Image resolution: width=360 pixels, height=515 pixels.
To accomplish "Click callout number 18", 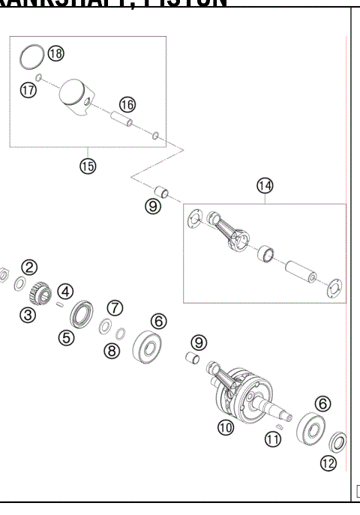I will pos(56,53).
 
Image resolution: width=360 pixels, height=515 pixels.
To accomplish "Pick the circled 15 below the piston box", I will pos(88,166).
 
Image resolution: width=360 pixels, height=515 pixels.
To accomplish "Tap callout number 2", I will pos(29,267).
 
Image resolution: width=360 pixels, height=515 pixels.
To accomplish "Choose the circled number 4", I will pos(66,291).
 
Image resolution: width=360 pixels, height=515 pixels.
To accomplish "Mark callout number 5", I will pos(67,337).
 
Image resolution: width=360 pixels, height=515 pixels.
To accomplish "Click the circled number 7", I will pos(113,308).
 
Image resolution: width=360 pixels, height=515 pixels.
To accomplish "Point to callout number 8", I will pos(112,350).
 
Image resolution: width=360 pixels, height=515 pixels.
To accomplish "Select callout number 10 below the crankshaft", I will pos(226,427).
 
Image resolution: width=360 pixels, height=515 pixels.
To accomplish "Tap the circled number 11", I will pos(273,440).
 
